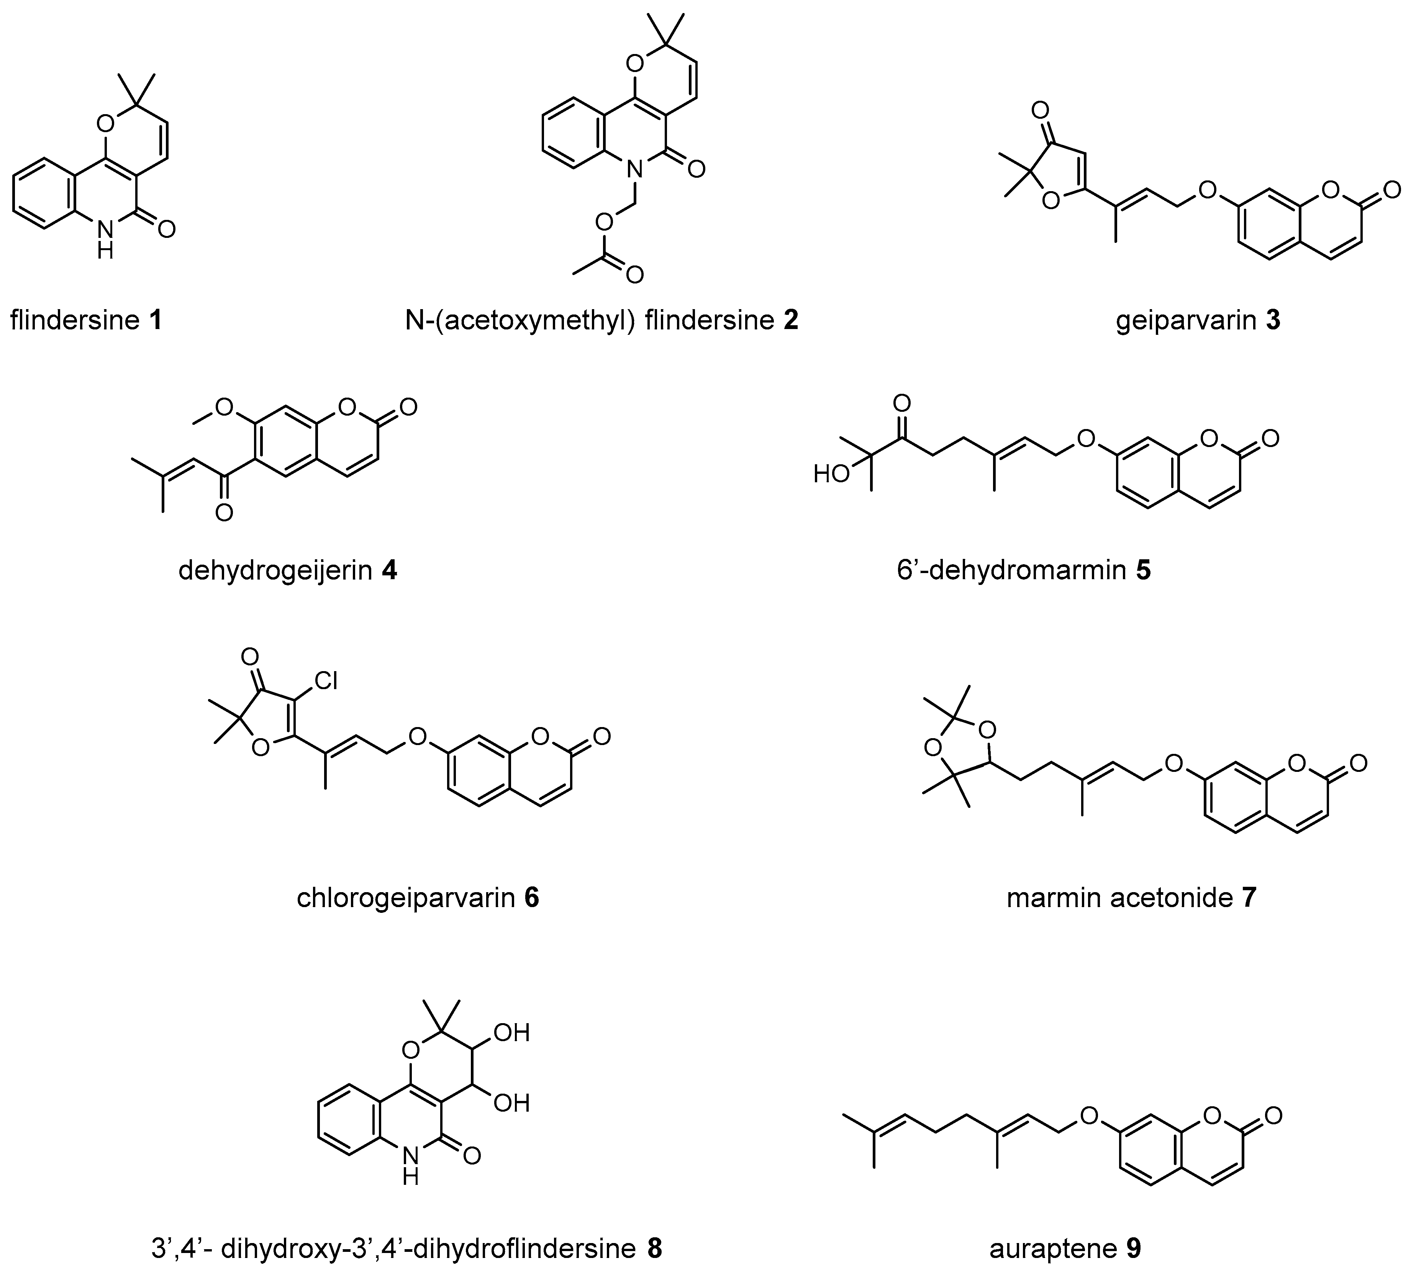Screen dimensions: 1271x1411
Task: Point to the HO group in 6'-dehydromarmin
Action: [831, 475]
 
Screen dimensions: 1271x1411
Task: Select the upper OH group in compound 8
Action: [511, 1033]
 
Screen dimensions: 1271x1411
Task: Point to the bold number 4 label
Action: [389, 570]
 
